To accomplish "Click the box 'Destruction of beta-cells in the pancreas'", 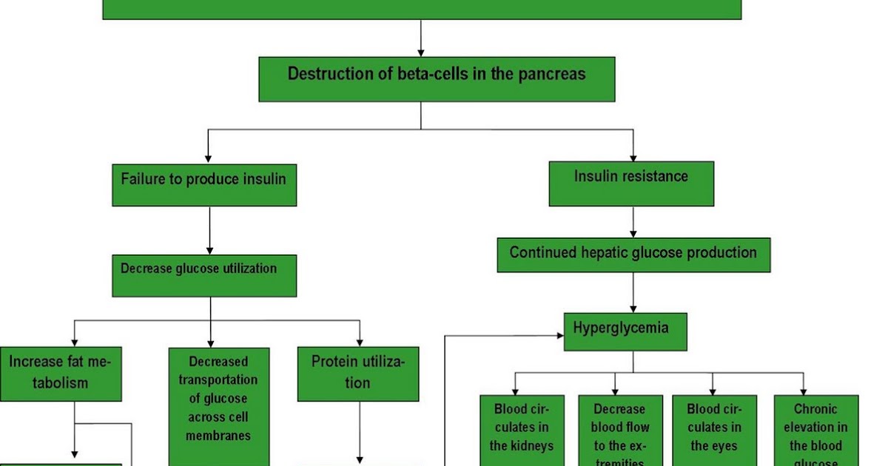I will pyautogui.click(x=437, y=79).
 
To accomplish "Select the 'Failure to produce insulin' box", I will pyautogui.click(x=204, y=185).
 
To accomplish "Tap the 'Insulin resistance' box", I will pyautogui.click(x=631, y=183).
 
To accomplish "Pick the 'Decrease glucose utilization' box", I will pyautogui.click(x=204, y=276).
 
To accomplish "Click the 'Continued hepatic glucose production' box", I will pyautogui.click(x=633, y=255).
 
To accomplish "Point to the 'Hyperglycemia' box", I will pyautogui.click(x=625, y=331).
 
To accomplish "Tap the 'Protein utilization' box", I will pyautogui.click(x=358, y=374).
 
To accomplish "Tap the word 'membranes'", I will pyautogui.click(x=218, y=436).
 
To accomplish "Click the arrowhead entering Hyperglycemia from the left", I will pyautogui.click(x=559, y=334).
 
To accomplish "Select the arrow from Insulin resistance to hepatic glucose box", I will pyautogui.click(x=633, y=222).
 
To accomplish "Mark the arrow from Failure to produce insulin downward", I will pyautogui.click(x=209, y=231).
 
